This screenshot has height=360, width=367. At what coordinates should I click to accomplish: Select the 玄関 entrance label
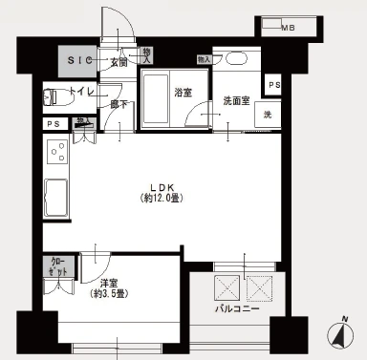pos(119,62)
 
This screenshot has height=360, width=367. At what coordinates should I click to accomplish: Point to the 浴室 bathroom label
pos(183,93)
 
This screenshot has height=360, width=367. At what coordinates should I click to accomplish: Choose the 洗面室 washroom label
pos(236,99)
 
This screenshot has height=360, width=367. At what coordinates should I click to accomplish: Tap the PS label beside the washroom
pos(275,86)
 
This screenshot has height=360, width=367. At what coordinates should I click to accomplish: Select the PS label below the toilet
pos(53,123)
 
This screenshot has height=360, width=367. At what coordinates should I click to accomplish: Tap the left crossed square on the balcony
pos(227,287)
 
